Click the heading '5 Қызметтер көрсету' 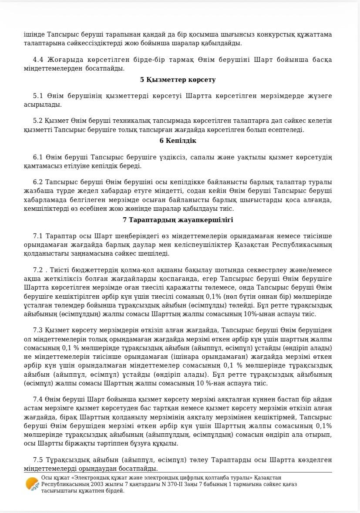click(178, 80)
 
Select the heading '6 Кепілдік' click(178, 141)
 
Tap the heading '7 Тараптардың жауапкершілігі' click(178, 220)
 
